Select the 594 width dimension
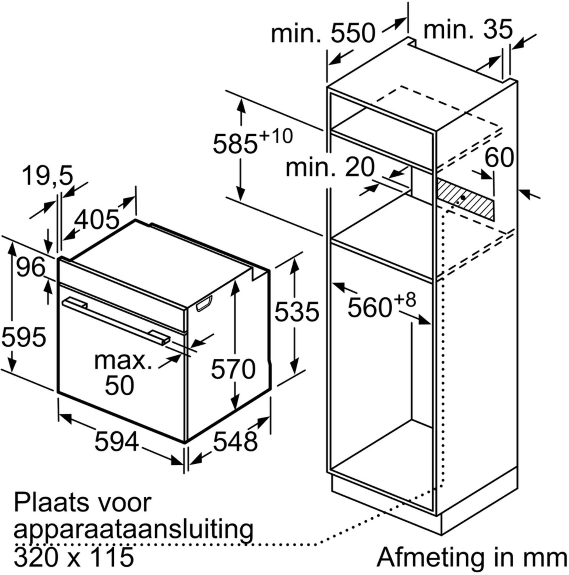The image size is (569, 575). [x=117, y=441]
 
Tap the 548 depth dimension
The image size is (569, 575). [x=235, y=441]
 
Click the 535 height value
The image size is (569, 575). [x=297, y=312]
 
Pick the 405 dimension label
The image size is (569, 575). [x=96, y=220]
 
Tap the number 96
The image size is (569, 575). [x=31, y=267]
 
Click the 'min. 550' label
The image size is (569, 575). [x=323, y=33]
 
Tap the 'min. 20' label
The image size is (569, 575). [x=330, y=167]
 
